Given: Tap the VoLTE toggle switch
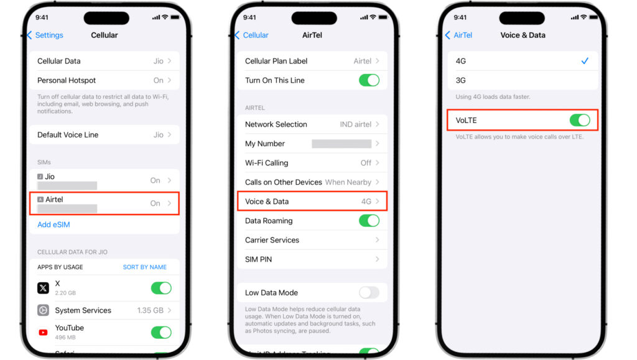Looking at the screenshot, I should [x=579, y=120].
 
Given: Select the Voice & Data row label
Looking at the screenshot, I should [x=267, y=201].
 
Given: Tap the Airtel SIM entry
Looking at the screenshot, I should [x=104, y=203].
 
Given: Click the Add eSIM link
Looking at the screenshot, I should [x=53, y=224].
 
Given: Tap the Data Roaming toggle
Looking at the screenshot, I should [x=369, y=221].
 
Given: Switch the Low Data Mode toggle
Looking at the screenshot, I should [x=369, y=293].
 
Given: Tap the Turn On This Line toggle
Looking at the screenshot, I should [x=369, y=80].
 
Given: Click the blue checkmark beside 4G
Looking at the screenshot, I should [x=585, y=61].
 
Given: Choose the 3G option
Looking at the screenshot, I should [x=461, y=80].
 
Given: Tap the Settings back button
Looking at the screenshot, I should [x=45, y=35].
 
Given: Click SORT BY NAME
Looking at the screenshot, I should [x=144, y=267].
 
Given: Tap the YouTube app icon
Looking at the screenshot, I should [x=43, y=333].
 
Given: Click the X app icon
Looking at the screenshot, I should [x=43, y=288].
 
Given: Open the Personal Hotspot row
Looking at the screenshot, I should [x=104, y=80].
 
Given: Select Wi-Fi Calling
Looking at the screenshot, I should [x=267, y=163].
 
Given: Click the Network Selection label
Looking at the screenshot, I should [x=276, y=124].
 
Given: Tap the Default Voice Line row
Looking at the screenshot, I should [x=104, y=135].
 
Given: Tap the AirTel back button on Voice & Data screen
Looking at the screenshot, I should [x=459, y=35].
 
